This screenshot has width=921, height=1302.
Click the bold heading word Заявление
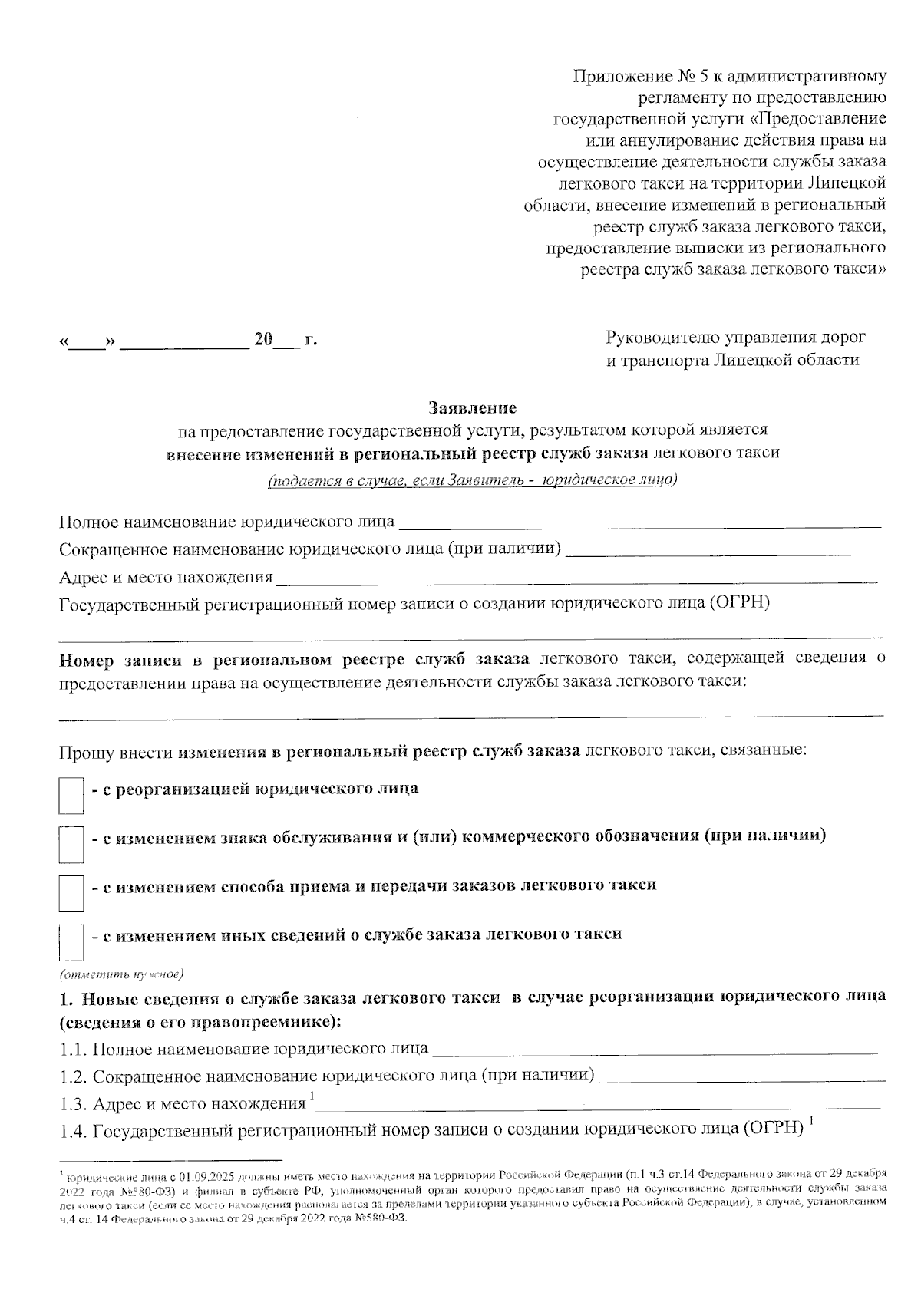coord(472,407)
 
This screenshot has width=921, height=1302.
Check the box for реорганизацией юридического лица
coord(71,795)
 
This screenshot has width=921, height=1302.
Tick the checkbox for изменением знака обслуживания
coord(71,844)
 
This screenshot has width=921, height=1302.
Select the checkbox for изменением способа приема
coord(71,893)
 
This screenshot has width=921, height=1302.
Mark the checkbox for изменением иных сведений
coord(71,942)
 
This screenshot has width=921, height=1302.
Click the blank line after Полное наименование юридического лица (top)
coord(641,525)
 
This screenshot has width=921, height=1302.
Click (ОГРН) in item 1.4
coord(772,1129)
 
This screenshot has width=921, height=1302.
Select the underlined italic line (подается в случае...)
coord(472,481)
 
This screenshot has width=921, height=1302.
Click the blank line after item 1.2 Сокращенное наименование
coord(741,1077)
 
